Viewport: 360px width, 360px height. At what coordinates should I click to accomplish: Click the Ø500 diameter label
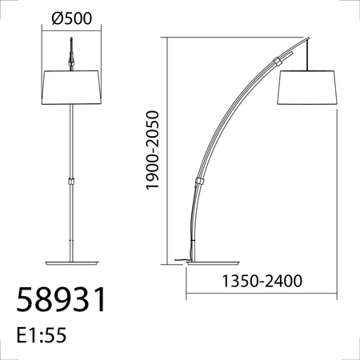72,18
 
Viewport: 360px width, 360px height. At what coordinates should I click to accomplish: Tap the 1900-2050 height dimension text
153,150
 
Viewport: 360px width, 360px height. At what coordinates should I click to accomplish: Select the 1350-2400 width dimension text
262,281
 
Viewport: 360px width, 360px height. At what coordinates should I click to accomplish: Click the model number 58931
61,299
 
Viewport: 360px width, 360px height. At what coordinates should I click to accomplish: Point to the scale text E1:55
42,335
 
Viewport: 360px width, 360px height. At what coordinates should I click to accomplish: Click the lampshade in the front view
71,87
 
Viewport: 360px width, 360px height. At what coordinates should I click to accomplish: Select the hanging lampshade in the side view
307,87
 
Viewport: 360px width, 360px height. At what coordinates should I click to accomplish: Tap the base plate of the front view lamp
72,263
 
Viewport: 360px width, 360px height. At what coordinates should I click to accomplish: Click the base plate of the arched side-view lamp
213,263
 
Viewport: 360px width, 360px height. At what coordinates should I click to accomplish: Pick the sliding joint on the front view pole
71,182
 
